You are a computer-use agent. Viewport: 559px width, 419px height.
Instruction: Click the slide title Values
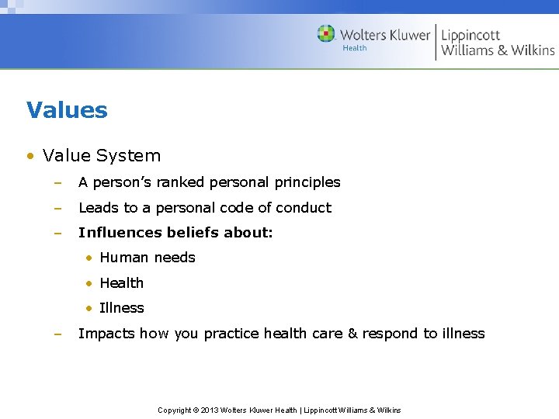67,110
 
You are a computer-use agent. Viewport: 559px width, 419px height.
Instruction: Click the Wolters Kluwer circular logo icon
326,34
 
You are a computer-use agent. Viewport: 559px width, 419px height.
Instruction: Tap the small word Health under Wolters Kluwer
355,48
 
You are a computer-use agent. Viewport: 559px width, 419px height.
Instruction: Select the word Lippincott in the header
470,34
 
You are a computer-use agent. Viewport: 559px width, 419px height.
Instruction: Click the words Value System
102,155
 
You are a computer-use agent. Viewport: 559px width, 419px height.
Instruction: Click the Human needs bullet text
147,258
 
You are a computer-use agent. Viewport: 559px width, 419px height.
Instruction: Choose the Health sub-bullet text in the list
121,283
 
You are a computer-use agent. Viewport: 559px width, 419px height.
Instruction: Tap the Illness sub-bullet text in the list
121,308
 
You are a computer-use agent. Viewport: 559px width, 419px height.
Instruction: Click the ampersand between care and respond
352,334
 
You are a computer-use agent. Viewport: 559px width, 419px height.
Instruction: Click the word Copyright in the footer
175,410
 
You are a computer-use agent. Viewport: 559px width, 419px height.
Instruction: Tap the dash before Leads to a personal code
57,208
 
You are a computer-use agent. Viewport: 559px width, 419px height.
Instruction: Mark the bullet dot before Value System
30,156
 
